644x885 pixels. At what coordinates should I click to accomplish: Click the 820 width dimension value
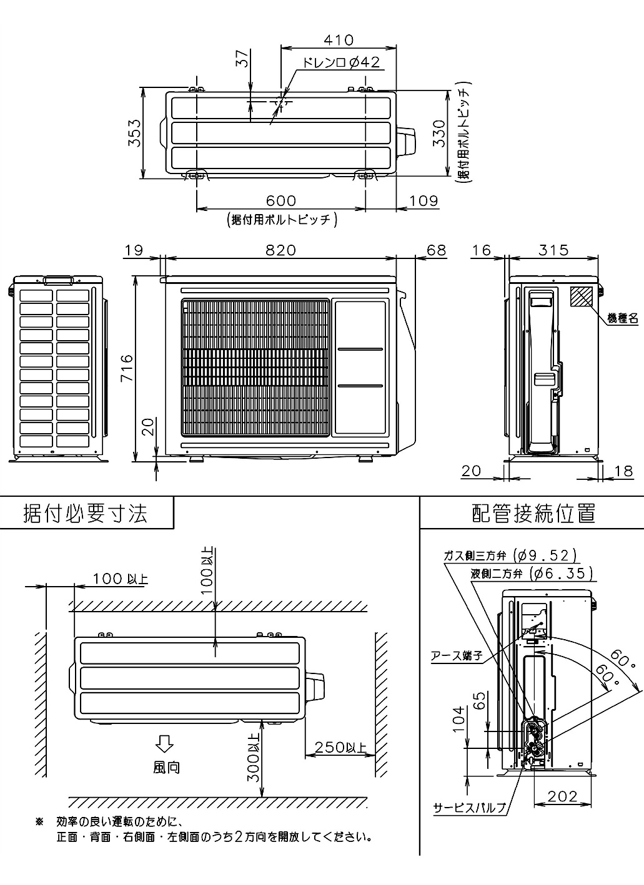click(280, 250)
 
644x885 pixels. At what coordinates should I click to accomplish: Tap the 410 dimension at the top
click(339, 40)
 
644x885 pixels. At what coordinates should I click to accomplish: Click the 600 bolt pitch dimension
click(281, 200)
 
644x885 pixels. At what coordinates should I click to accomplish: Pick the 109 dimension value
click(424, 200)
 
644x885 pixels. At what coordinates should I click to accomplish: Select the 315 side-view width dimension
click(554, 250)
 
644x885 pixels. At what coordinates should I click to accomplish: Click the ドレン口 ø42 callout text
click(341, 62)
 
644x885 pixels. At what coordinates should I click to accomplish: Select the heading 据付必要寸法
click(86, 513)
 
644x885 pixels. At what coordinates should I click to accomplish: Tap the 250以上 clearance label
click(340, 747)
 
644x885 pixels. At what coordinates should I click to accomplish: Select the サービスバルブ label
click(469, 808)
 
